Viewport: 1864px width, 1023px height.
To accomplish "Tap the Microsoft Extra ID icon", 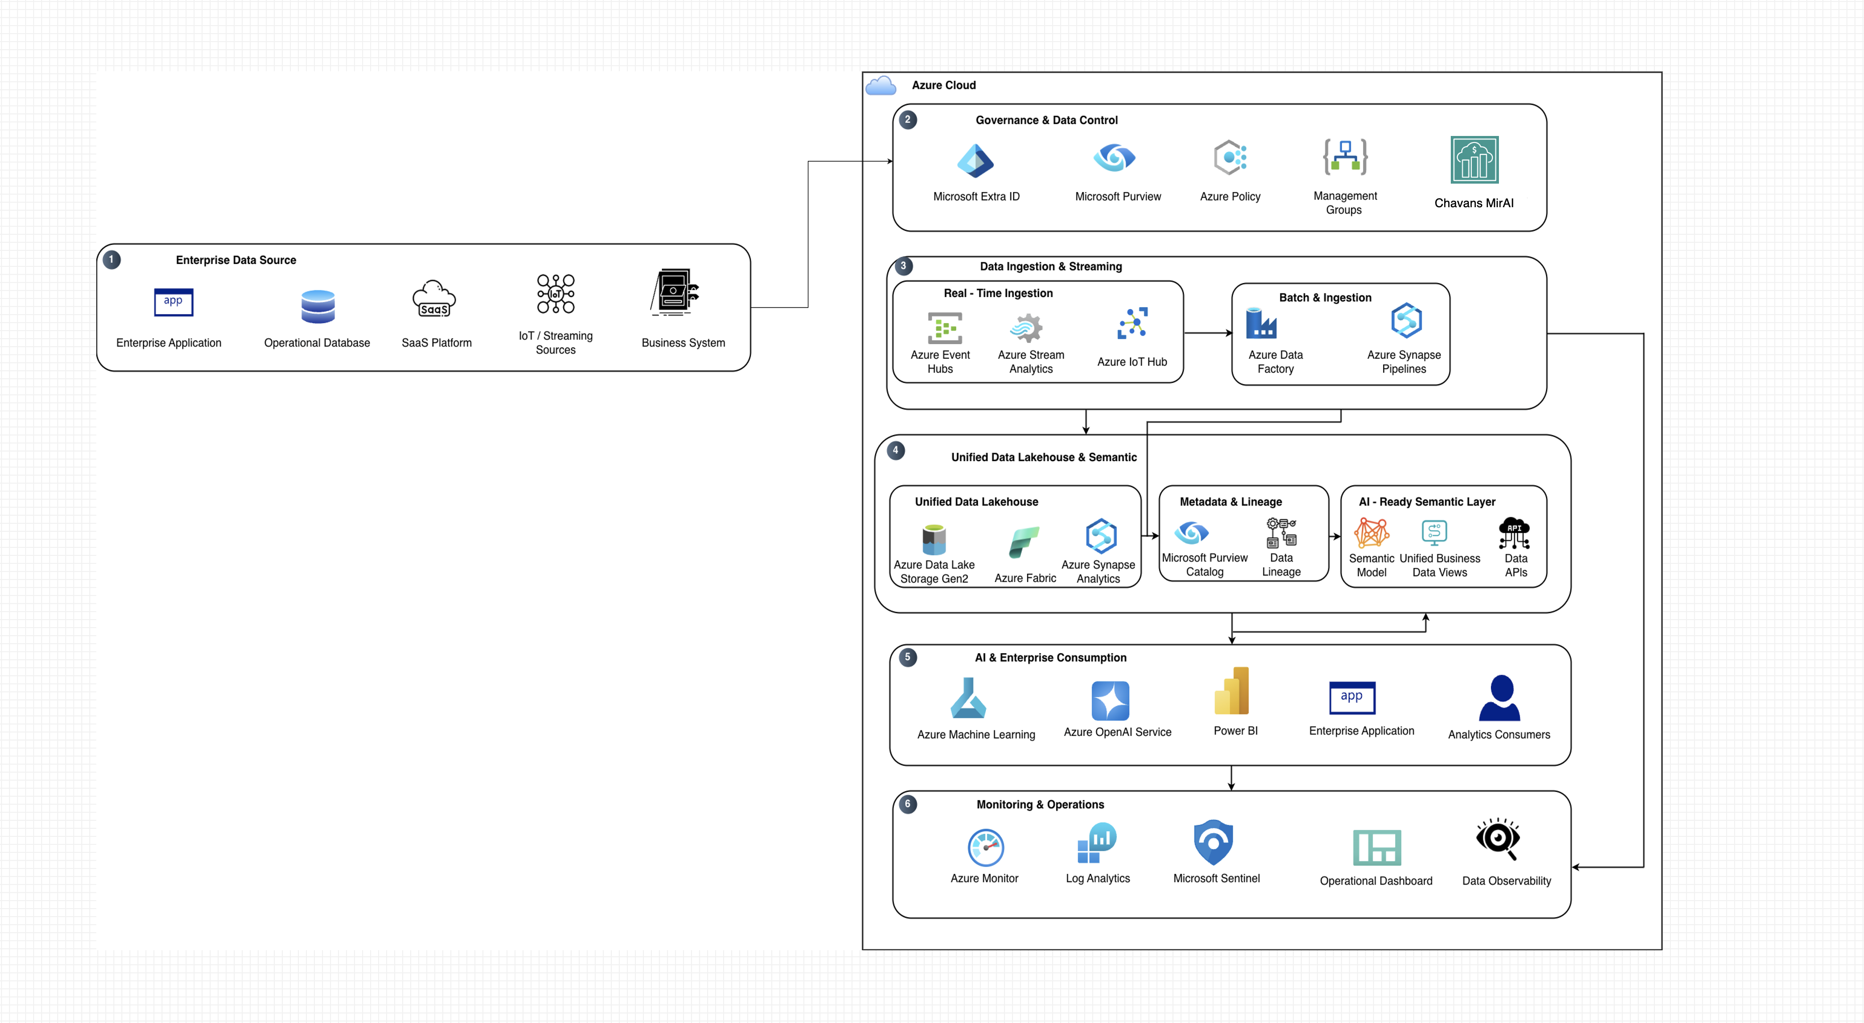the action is coord(975,160).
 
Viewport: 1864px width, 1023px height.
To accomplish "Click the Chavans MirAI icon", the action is coord(1474,160).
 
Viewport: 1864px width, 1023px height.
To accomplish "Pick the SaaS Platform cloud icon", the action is coord(434,299).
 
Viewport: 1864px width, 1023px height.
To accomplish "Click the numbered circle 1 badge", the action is coord(111,259).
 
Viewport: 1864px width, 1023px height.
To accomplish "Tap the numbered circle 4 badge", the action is coord(896,451).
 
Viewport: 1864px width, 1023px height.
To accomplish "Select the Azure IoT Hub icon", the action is coord(1132,323).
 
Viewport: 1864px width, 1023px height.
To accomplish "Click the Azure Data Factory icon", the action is coord(1261,323).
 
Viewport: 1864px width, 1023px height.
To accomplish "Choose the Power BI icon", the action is coord(1232,691).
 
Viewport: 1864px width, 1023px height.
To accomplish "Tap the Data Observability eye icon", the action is coord(1498,839).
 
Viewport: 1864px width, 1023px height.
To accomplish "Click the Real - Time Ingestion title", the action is coord(998,293).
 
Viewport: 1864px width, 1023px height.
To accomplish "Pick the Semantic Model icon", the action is coord(1371,533).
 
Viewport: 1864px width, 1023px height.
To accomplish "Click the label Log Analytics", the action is coord(1098,878).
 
